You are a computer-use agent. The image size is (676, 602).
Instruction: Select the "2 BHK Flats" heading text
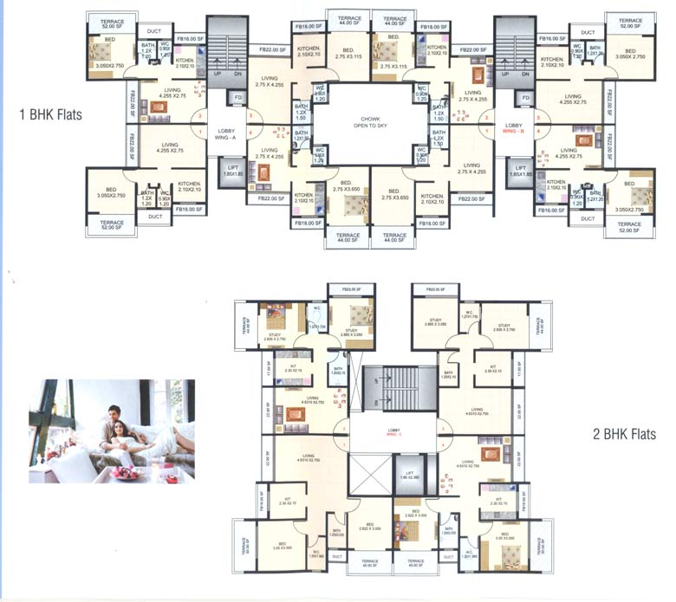(x=627, y=434)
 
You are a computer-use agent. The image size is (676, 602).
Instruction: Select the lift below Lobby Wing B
(x=521, y=172)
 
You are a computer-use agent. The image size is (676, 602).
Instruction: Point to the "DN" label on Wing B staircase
(x=526, y=74)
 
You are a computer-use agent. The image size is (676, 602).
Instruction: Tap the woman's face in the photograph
(x=108, y=428)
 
